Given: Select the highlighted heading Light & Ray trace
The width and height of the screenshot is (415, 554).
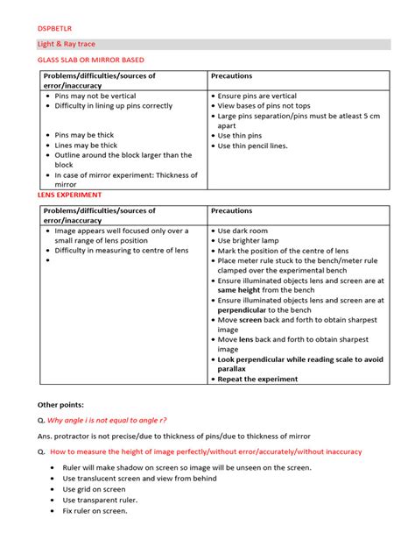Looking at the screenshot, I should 67,43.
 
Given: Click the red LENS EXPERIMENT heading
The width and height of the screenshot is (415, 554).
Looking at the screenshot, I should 69,195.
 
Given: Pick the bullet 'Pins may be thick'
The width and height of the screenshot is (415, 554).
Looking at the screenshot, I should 84,135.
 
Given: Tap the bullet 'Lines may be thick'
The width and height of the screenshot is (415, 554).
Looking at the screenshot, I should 87,145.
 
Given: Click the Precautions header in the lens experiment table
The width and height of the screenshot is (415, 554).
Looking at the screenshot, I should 232,211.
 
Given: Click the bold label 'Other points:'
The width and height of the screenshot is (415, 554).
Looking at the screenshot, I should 61,404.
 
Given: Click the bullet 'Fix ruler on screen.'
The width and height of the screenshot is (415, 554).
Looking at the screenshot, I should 95,510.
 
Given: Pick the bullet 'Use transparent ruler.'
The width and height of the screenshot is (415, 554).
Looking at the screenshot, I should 98,500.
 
